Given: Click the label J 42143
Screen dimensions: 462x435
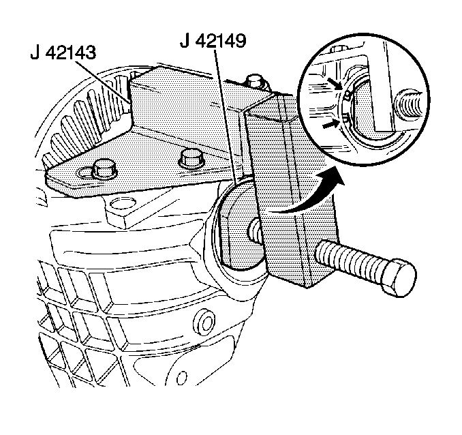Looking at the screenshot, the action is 63,53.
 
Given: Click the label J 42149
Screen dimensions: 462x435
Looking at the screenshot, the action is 213,41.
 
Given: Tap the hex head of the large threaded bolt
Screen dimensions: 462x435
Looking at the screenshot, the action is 399,277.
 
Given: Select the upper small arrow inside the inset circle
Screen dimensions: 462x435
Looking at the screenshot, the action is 336,83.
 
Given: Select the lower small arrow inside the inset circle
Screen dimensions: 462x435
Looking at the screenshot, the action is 330,125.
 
